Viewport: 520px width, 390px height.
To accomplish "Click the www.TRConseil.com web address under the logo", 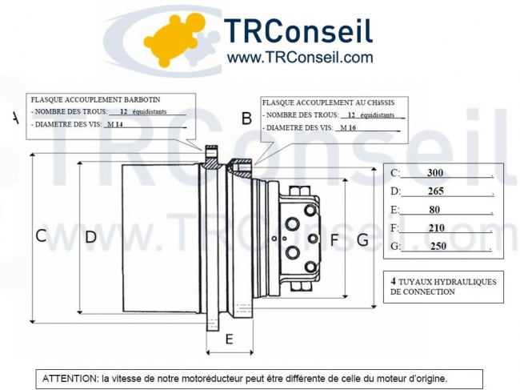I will pos(299,57).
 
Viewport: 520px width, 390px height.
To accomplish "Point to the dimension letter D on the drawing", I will pos(90,236).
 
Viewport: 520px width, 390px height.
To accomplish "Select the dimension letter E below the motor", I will pos(229,340).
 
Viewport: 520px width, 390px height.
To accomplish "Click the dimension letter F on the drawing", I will pos(334,239).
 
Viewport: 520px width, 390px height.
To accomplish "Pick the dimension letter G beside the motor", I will pos(362,239).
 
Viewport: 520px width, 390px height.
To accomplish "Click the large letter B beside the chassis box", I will pos(246,119).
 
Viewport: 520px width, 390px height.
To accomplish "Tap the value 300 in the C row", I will pos(434,173).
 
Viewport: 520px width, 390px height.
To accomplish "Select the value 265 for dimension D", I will pos(435,191).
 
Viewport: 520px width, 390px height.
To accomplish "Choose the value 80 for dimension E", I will pos(434,210).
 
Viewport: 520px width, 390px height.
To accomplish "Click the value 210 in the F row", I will pos(436,228).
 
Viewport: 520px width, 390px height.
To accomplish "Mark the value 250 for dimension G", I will pos(438,247).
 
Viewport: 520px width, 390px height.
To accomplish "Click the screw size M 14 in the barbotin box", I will pos(114,125).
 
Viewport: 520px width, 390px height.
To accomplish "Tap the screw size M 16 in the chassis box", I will pos(348,128).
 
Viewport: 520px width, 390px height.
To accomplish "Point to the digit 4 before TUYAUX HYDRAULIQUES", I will pos(394,282).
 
